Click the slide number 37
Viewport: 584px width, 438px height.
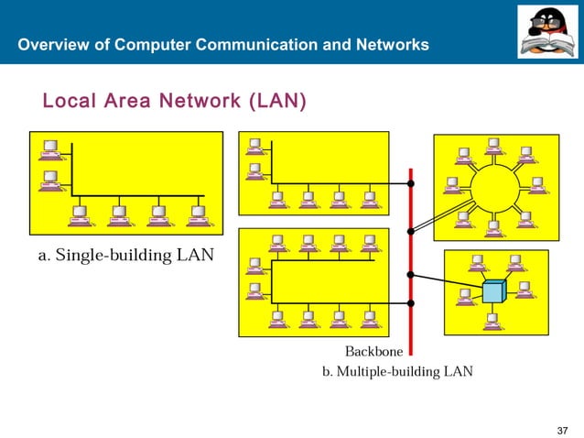coord(563,431)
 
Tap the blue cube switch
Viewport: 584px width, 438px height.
coord(494,291)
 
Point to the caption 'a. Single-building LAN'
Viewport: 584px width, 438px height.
coord(125,255)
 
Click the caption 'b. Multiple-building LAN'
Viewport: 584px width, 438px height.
coord(397,372)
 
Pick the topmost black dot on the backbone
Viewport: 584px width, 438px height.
coord(411,183)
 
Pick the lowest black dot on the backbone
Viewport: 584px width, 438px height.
coord(411,303)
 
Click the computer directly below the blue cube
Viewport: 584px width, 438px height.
coord(493,321)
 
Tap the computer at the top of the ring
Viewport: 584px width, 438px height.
coord(494,146)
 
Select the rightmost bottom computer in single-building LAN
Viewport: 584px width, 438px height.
coord(198,215)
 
